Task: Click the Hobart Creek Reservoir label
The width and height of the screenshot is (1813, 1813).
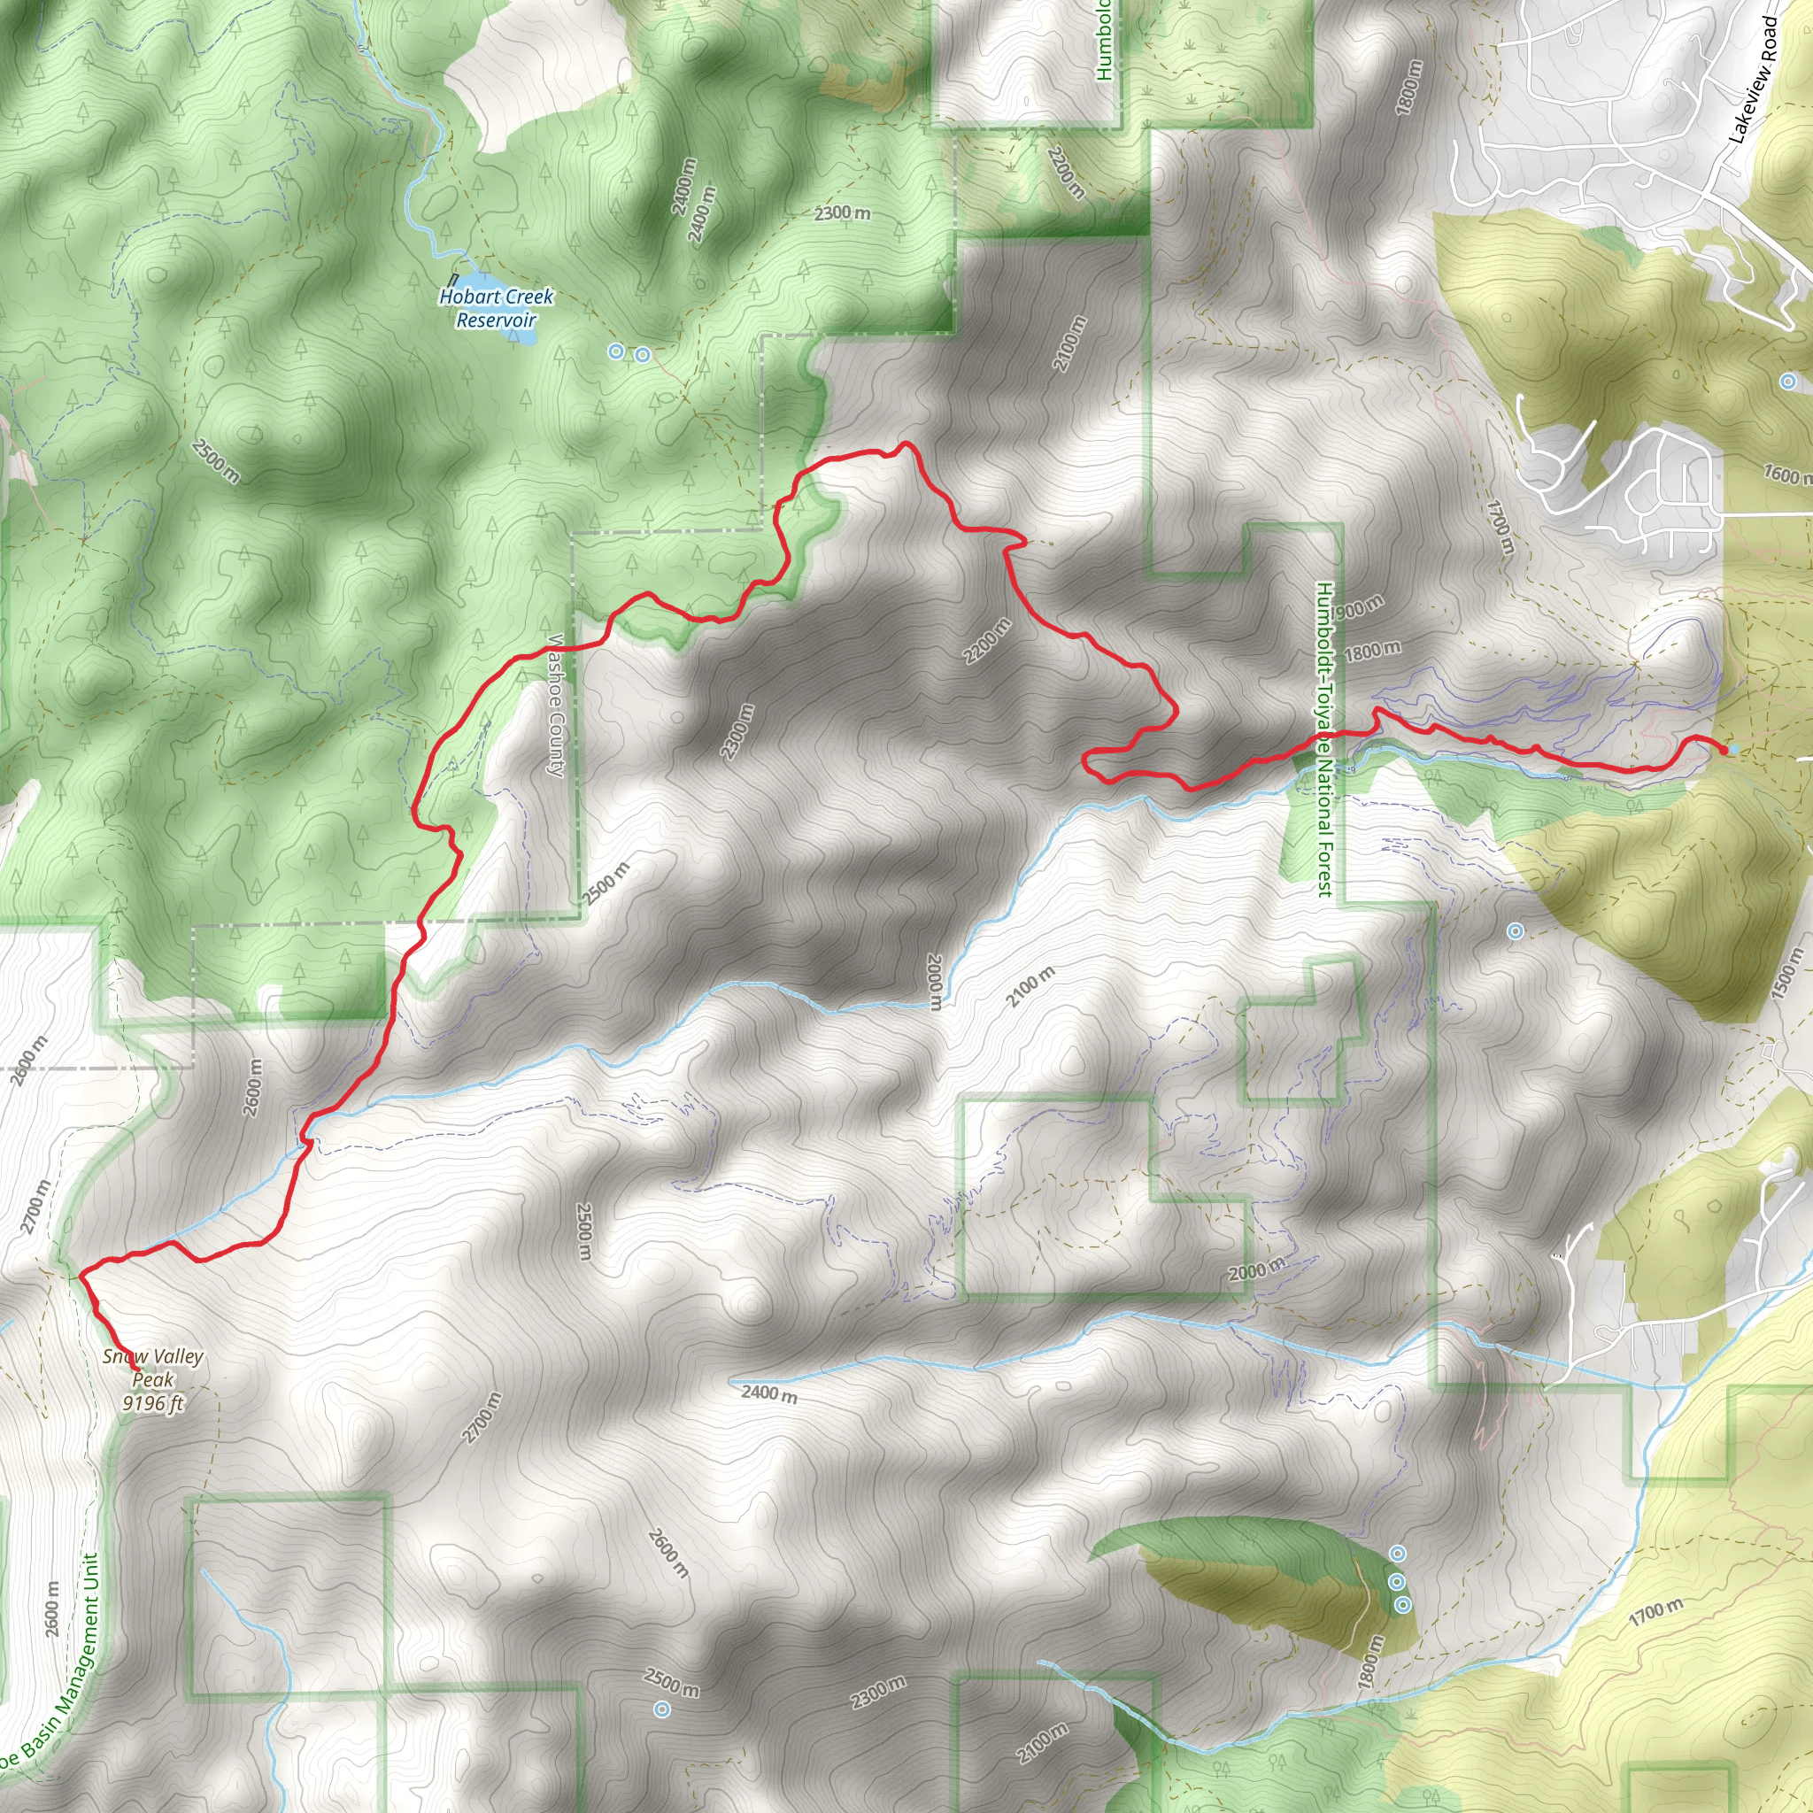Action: pos(497,308)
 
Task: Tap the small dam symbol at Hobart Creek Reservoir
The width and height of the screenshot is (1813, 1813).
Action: pos(453,280)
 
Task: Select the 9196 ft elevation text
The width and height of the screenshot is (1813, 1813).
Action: pos(153,1403)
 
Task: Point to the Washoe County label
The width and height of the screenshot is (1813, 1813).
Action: pos(557,706)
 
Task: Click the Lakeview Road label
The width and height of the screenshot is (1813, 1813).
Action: pos(1754,81)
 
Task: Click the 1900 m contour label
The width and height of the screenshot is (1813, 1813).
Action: pos(1356,610)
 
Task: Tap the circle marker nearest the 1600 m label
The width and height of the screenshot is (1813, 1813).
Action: pos(1788,381)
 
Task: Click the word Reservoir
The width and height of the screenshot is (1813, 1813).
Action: pos(497,320)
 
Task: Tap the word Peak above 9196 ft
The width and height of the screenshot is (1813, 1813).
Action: pos(153,1379)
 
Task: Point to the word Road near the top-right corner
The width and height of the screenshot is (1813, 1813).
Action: pos(1770,40)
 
